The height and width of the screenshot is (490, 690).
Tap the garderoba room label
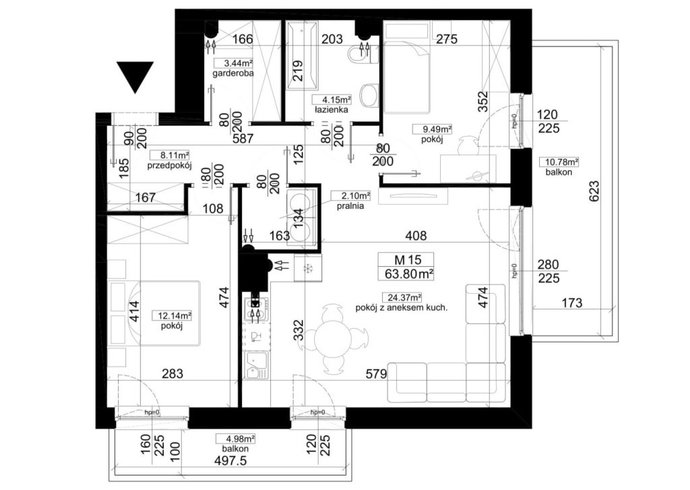(x=232, y=73)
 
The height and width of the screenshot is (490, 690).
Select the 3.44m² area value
(x=233, y=63)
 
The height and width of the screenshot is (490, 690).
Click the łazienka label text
(x=332, y=110)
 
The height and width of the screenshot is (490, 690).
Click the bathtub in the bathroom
(x=301, y=56)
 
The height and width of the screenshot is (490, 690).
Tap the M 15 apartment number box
(x=406, y=259)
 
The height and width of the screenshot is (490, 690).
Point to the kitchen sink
(x=256, y=366)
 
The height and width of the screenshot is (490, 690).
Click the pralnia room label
(x=350, y=206)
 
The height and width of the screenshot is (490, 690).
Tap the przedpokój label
(x=169, y=166)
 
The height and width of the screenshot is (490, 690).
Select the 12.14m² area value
(x=172, y=315)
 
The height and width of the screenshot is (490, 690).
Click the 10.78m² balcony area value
(x=559, y=162)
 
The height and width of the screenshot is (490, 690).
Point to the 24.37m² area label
(x=402, y=298)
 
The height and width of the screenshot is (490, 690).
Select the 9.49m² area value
(x=432, y=129)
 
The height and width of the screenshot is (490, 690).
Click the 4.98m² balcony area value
(x=235, y=439)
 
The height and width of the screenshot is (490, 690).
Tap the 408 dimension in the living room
(x=416, y=236)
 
